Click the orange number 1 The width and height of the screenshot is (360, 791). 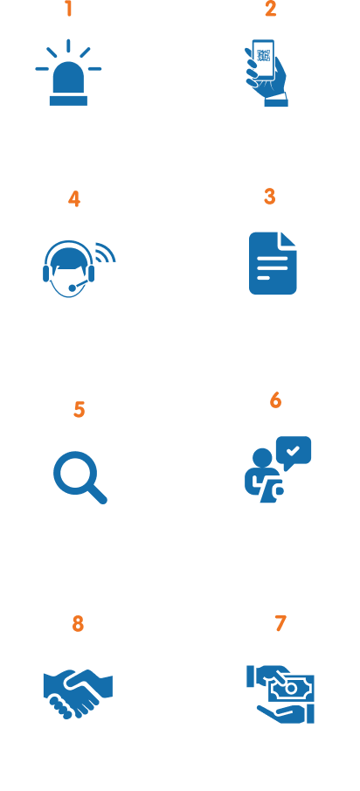69,9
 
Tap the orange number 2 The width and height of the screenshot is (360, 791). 271,9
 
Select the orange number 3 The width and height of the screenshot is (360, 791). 270,197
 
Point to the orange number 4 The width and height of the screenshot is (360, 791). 74,199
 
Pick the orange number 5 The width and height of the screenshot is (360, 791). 80,410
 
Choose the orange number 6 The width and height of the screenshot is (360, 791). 275,400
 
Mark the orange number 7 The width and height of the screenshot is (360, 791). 280,623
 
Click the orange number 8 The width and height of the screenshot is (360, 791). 78,624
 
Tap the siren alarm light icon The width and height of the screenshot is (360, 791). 68,73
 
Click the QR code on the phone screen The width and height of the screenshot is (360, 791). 264,55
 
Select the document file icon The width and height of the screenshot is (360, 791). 273,263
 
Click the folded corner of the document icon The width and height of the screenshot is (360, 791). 288,239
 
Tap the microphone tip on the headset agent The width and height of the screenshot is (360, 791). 73,288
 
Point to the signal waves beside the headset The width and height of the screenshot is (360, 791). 107,253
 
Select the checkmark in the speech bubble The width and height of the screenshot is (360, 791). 293,449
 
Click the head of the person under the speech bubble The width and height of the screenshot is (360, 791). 262,458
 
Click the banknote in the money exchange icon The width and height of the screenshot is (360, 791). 291,688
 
